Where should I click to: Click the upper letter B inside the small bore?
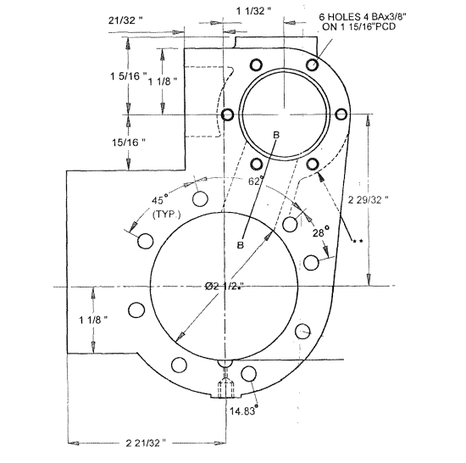pyautogui.click(x=275, y=136)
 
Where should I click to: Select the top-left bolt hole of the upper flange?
pyautogui.click(x=255, y=65)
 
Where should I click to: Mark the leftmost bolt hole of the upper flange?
pyautogui.click(x=226, y=114)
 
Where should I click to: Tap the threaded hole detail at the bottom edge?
pyautogui.click(x=225, y=388)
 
